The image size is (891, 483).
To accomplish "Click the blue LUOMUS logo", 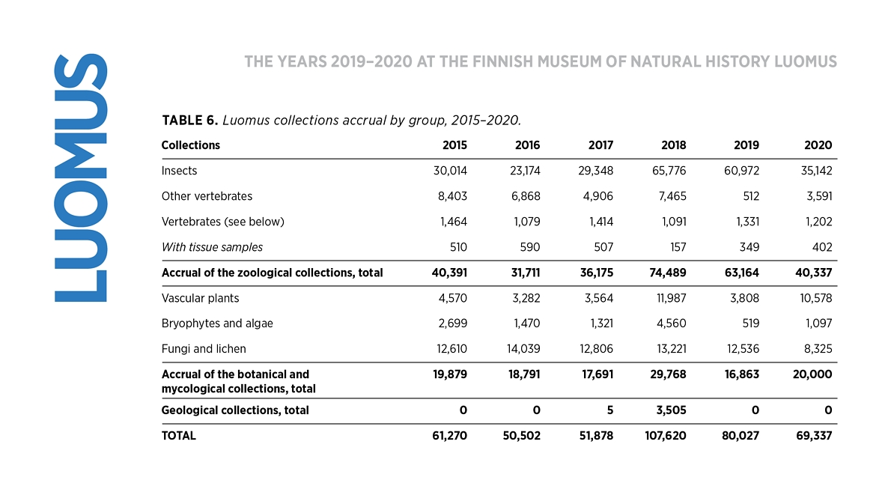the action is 81,177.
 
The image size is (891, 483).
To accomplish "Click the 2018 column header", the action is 673,145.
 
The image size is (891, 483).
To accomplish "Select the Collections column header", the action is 190,145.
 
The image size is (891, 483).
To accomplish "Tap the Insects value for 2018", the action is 669,171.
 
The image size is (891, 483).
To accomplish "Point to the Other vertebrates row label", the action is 207,196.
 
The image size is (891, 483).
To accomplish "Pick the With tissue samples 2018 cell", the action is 678,247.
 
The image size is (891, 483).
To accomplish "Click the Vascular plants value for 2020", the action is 816,298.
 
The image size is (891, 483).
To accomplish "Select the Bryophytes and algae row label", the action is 217,323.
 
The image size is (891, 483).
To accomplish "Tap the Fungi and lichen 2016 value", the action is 523,348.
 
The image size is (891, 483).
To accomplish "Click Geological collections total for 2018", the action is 671,410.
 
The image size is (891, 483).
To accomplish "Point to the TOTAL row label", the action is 178,436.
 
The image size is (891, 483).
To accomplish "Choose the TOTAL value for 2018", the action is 666,436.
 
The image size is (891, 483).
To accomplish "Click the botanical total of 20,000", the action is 812,374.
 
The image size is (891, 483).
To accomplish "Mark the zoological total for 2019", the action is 741,273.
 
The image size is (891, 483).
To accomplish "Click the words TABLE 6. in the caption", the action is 189,121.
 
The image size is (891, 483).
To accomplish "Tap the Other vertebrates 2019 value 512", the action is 751,196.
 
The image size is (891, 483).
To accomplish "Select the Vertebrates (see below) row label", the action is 223,222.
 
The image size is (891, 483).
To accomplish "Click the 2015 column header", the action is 454,145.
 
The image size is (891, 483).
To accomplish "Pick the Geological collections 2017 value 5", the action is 609,410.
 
